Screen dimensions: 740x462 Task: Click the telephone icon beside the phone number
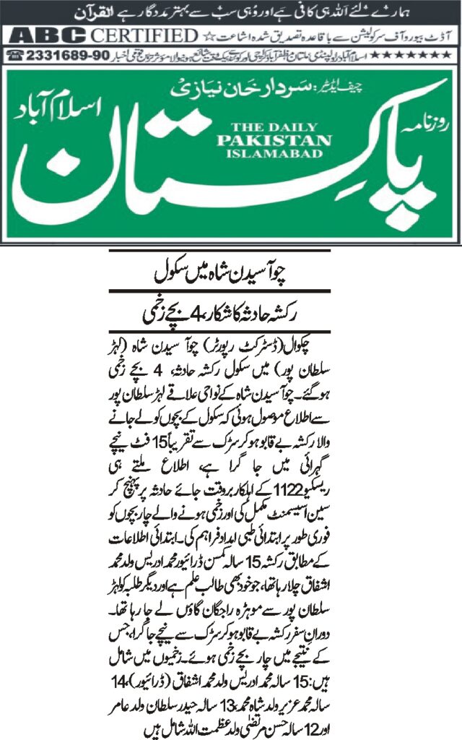coord(14,56)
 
